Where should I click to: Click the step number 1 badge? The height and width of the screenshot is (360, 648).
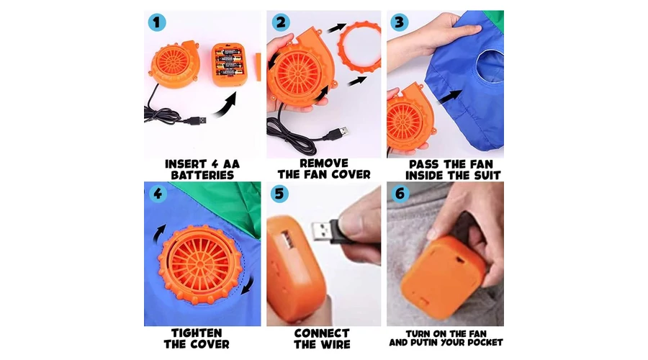tap(157, 22)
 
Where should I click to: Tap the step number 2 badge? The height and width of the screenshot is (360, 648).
tap(281, 22)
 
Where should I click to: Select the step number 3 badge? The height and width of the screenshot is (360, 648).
tap(399, 22)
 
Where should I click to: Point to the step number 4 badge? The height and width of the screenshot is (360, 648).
tap(158, 193)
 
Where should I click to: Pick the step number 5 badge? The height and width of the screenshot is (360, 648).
tap(279, 194)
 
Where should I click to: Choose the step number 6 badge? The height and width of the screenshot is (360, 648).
tap(400, 193)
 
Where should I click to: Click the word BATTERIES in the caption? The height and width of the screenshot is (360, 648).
tap(202, 175)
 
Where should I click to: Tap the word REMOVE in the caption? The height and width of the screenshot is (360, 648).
tap(324, 163)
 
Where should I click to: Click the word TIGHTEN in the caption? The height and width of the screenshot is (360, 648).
tap(197, 333)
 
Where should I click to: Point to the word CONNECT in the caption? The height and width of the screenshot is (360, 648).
tap(322, 333)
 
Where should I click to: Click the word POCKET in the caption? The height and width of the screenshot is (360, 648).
tap(485, 343)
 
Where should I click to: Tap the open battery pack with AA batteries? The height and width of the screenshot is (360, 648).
tap(229, 65)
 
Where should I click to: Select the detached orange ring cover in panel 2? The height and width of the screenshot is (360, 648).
tap(359, 47)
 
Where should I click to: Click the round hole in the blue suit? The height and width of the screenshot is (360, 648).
tap(490, 66)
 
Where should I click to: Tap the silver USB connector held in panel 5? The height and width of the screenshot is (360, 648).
tap(322, 231)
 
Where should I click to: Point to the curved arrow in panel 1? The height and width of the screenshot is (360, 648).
tap(225, 107)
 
